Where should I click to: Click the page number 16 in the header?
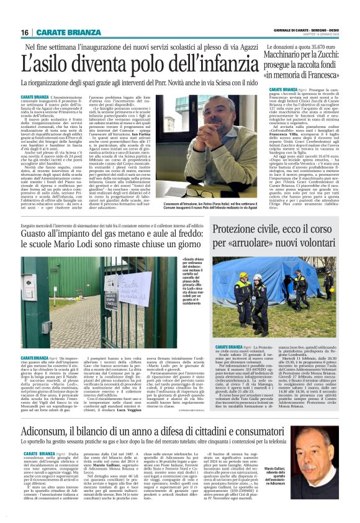coord(25,32)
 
